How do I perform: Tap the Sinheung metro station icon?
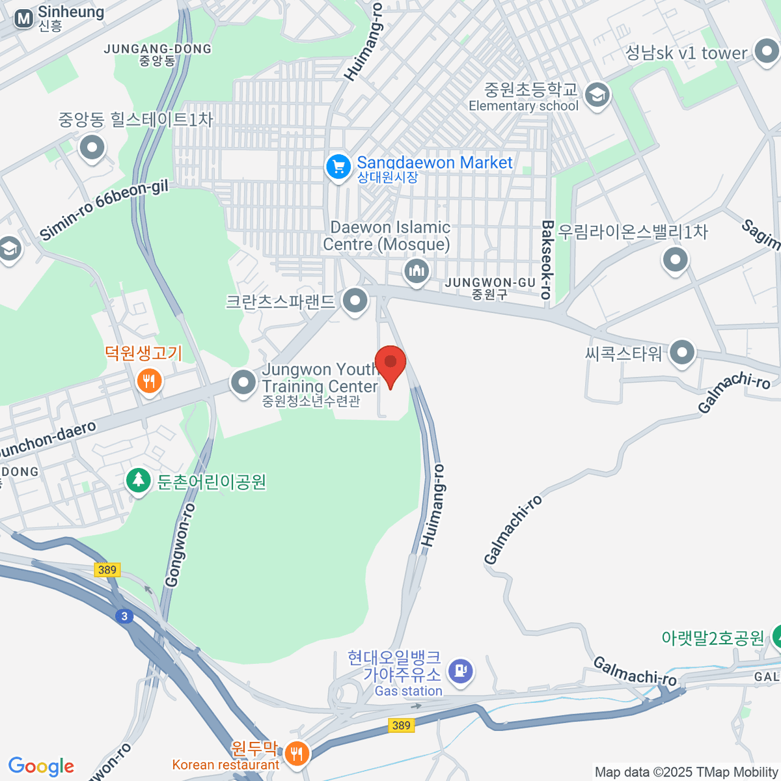pyautogui.click(x=24, y=19)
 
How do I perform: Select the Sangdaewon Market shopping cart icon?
pyautogui.click(x=338, y=167)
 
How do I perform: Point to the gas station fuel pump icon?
pyautogui.click(x=461, y=670)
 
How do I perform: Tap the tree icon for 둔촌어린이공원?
pyautogui.click(x=137, y=481)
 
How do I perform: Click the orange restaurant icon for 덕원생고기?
pyautogui.click(x=149, y=380)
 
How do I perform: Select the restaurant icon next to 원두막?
pyautogui.click(x=297, y=754)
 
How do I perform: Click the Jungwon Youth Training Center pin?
pyautogui.click(x=244, y=382)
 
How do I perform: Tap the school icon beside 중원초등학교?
pyautogui.click(x=597, y=96)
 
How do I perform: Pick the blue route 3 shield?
pyautogui.click(x=124, y=616)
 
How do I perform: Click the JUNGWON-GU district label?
pyautogui.click(x=490, y=288)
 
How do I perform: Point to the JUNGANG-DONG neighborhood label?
pyautogui.click(x=158, y=54)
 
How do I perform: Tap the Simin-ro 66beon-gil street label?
pyautogui.click(x=103, y=210)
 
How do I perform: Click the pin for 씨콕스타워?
pyautogui.click(x=681, y=353)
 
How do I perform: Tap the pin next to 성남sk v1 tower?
pyautogui.click(x=765, y=52)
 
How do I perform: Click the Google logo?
pyautogui.click(x=41, y=766)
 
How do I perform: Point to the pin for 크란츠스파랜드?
pyautogui.click(x=355, y=301)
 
